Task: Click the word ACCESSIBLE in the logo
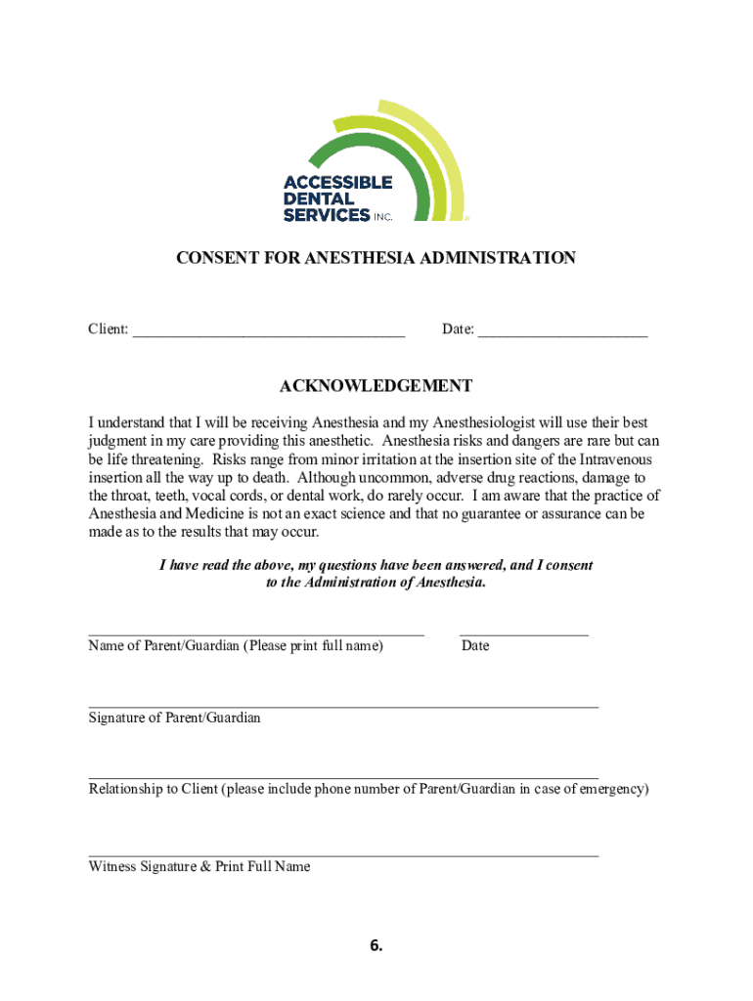click(337, 182)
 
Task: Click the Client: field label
click(109, 329)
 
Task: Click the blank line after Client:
click(269, 333)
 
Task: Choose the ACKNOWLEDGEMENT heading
click(376, 386)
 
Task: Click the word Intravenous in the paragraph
click(615, 459)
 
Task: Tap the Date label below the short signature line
click(475, 646)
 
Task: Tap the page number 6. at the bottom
click(376, 945)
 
